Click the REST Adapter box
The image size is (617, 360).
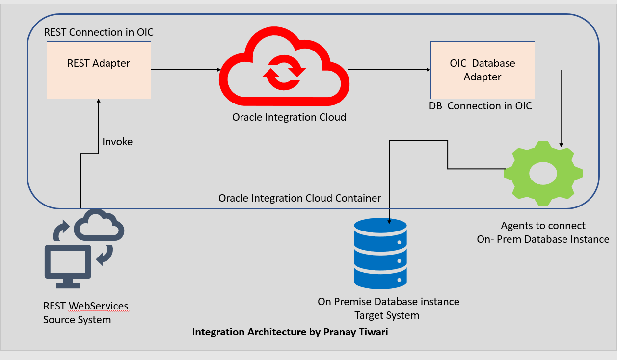[99, 70]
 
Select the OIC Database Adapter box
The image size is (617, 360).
[483, 70]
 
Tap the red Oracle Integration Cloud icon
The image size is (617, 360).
[284, 66]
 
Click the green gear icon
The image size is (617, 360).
[543, 174]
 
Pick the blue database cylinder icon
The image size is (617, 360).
[380, 254]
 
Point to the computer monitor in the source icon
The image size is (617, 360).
[68, 266]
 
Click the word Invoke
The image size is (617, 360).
[117, 142]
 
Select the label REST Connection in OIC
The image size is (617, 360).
[99, 32]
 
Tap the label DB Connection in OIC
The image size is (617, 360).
[481, 106]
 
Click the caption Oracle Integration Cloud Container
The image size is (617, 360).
[300, 198]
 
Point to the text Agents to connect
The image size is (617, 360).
[543, 226]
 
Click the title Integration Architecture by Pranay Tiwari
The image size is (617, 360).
[290, 332]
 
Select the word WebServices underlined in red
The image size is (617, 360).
[98, 306]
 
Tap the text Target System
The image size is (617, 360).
[387, 315]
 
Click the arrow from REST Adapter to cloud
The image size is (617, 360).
[186, 70]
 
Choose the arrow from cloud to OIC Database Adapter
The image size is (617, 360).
[389, 70]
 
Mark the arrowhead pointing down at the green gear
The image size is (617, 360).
[561, 145]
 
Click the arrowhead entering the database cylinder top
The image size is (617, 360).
[389, 222]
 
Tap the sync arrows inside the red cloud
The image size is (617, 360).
[284, 73]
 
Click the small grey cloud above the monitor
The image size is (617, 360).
[99, 225]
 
